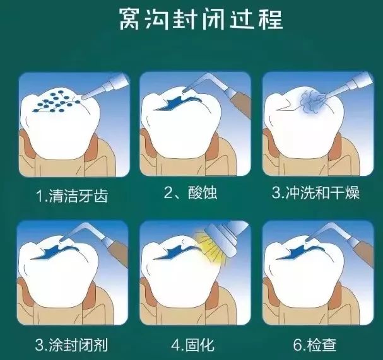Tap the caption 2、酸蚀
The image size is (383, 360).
click(191, 193)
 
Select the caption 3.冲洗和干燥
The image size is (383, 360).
click(315, 193)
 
